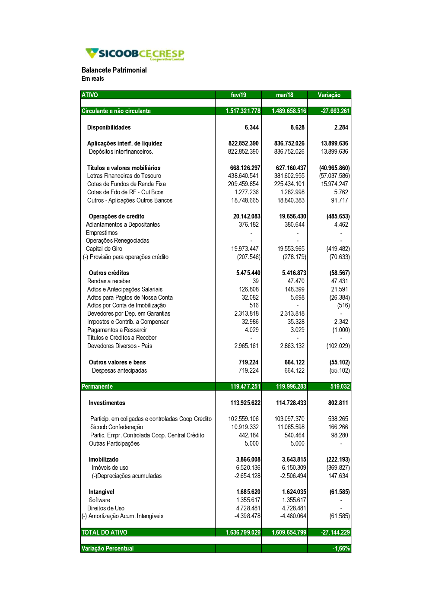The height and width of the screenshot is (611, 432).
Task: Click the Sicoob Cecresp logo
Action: pos(135,54)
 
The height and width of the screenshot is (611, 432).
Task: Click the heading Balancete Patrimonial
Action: pos(114,70)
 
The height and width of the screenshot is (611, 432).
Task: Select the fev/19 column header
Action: pos(238,95)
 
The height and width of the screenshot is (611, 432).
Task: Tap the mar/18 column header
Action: pos(284,95)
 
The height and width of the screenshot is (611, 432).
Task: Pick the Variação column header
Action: pos(329,95)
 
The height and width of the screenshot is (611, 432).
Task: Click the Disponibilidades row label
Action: pos(109,127)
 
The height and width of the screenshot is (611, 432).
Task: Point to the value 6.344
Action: pos(251,127)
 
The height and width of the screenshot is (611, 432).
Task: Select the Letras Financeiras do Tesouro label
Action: pos(124,176)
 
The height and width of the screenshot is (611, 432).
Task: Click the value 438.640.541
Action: pos(243,176)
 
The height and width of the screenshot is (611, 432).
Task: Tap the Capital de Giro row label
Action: pos(104,249)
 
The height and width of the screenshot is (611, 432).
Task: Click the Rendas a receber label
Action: pos(109,281)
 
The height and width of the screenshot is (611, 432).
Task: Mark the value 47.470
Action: pos(296,281)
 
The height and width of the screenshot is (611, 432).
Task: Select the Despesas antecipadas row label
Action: pos(119,370)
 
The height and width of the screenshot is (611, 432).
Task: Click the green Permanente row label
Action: pos(97,386)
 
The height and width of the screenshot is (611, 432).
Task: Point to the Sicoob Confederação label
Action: pos(117,427)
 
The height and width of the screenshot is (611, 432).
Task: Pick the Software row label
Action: pos(99,500)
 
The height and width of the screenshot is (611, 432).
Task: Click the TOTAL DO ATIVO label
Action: pos(105,532)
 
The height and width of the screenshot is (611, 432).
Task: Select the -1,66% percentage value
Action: pos(341,548)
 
